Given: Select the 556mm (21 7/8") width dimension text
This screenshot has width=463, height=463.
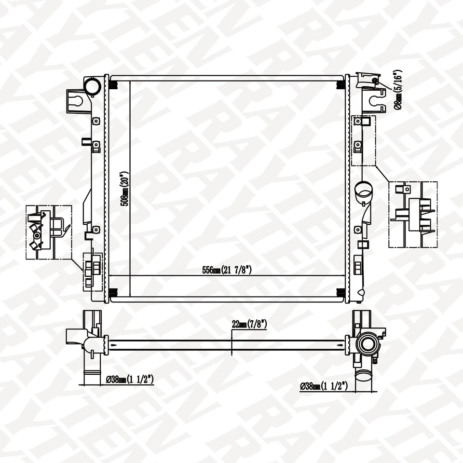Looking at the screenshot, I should [227, 271].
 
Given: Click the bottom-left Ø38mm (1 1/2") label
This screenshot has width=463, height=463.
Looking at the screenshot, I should [130, 380].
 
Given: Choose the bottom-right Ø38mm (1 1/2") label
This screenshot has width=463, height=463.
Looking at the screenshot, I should [324, 386].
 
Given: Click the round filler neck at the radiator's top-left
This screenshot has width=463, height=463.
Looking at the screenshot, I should [92, 86].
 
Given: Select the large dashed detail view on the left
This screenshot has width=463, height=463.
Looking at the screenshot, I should [49, 232].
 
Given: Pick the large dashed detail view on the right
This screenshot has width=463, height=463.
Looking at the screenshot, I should [413, 215].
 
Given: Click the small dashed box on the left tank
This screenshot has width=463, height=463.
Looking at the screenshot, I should [93, 271].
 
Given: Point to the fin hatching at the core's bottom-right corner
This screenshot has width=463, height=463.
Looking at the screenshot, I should [340, 292].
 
